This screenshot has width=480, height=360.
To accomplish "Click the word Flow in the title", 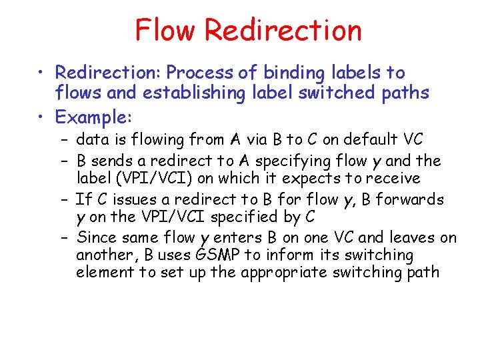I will coord(166,30).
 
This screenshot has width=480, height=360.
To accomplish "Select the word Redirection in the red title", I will coord(283,30).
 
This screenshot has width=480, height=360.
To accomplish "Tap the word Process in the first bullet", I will coord(199,72).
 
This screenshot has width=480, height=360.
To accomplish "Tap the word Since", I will coord(95,237).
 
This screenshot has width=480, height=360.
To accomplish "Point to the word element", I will coord(104,272).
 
